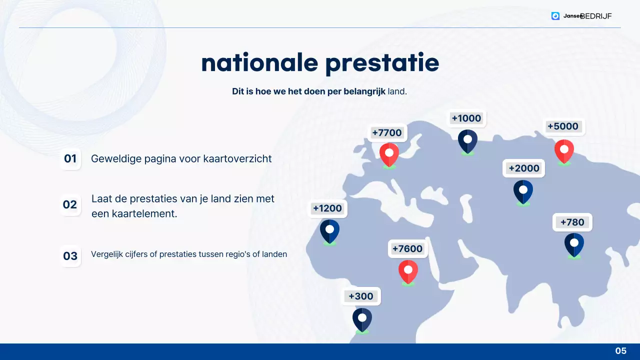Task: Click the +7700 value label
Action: click(x=387, y=133)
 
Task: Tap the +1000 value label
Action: click(x=466, y=118)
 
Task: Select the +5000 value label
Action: click(x=563, y=126)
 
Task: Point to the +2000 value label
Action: click(x=523, y=168)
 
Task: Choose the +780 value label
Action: click(x=572, y=222)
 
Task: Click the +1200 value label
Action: click(x=327, y=208)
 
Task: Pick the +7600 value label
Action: click(x=407, y=249)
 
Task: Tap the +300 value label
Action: click(x=361, y=296)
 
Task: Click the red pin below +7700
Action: click(x=389, y=154)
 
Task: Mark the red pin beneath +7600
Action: click(x=408, y=271)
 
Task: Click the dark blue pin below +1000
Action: click(x=467, y=141)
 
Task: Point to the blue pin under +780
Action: click(x=574, y=244)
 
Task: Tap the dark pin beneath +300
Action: click(x=362, y=319)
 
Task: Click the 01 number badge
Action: click(x=70, y=159)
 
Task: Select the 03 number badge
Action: click(x=70, y=256)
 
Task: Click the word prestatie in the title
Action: click(x=382, y=63)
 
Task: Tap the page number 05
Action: click(x=620, y=351)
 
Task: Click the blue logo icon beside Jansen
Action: click(x=555, y=16)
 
